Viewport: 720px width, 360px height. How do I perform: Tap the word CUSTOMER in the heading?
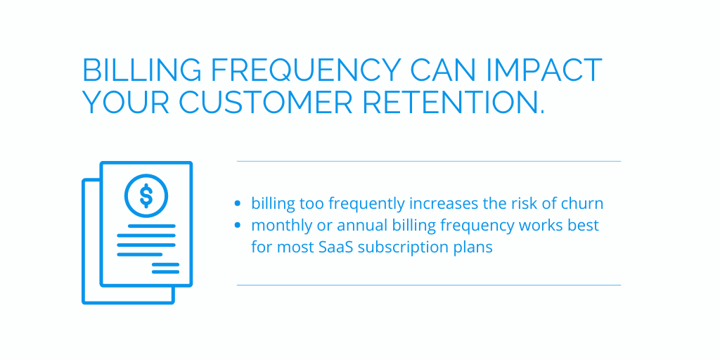[265, 103]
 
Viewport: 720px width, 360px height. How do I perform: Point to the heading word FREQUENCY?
[306, 70]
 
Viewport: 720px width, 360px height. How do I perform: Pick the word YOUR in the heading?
[126, 103]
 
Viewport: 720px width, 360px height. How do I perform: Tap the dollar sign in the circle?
[146, 196]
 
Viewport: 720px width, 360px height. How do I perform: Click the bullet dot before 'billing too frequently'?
[237, 203]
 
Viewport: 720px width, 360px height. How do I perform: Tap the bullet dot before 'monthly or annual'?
[237, 225]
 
